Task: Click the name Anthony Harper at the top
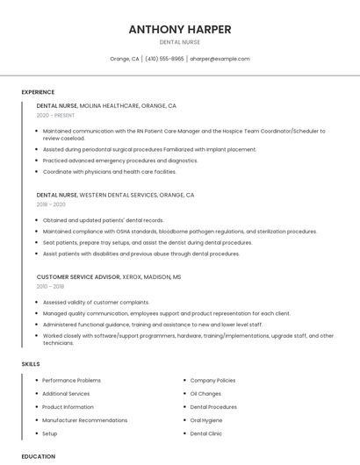(x=179, y=29)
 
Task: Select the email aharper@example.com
(x=220, y=59)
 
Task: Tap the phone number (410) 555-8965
(x=164, y=59)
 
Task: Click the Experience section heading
(x=38, y=92)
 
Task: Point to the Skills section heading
(x=30, y=363)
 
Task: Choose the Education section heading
(x=38, y=456)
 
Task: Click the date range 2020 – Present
(x=55, y=115)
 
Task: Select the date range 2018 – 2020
(x=51, y=204)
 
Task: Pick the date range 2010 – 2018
(x=50, y=286)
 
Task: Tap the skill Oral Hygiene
(x=207, y=420)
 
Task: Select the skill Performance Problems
(x=71, y=381)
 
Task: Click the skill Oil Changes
(x=205, y=394)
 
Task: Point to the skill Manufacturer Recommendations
(x=84, y=420)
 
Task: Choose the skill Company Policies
(x=212, y=381)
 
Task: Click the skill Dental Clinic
(x=206, y=433)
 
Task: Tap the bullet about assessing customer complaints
(x=96, y=302)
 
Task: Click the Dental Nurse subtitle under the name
(x=179, y=42)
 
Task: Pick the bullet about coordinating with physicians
(x=109, y=172)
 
